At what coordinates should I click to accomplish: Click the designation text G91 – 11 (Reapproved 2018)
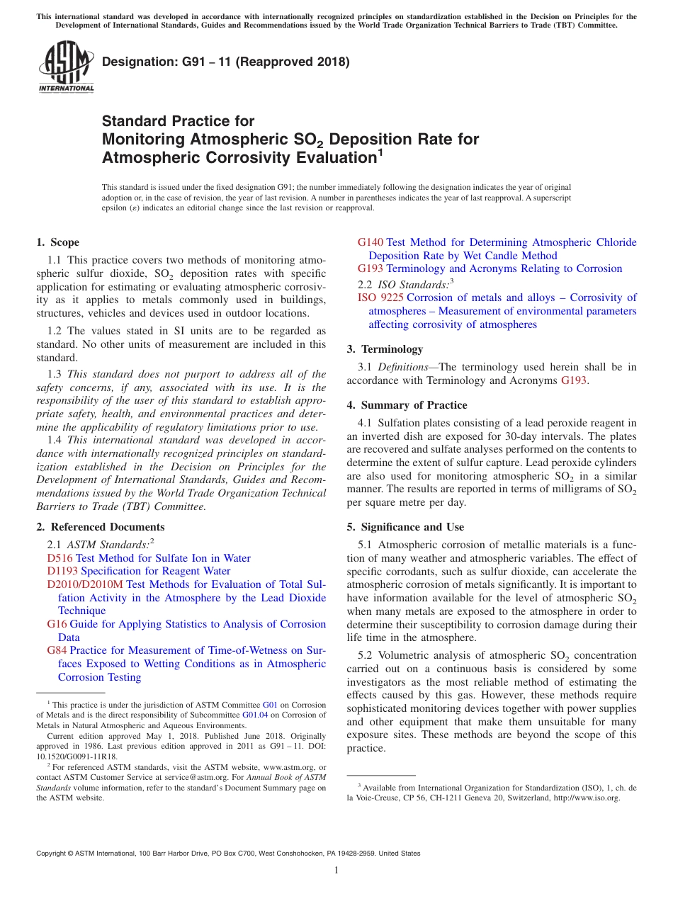226,62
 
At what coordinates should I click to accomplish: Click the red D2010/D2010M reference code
85,584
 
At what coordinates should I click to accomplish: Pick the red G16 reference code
57,624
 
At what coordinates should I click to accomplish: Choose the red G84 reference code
57,650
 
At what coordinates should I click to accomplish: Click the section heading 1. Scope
57,242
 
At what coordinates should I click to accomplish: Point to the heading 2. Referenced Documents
100,527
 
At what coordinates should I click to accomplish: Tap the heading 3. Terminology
385,349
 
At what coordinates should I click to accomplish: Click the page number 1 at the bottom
336,871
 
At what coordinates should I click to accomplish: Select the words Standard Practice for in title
178,121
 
